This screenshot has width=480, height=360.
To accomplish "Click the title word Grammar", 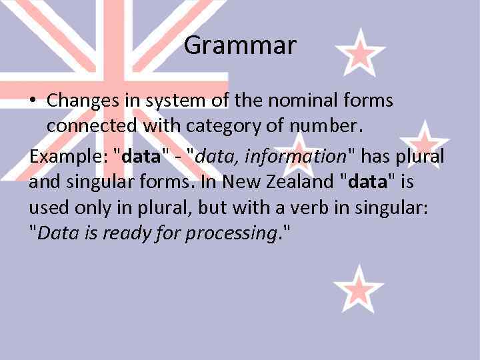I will (239, 46).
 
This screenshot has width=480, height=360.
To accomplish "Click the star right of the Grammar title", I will (359, 51).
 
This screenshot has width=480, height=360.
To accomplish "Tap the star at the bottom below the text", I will (359, 289).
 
